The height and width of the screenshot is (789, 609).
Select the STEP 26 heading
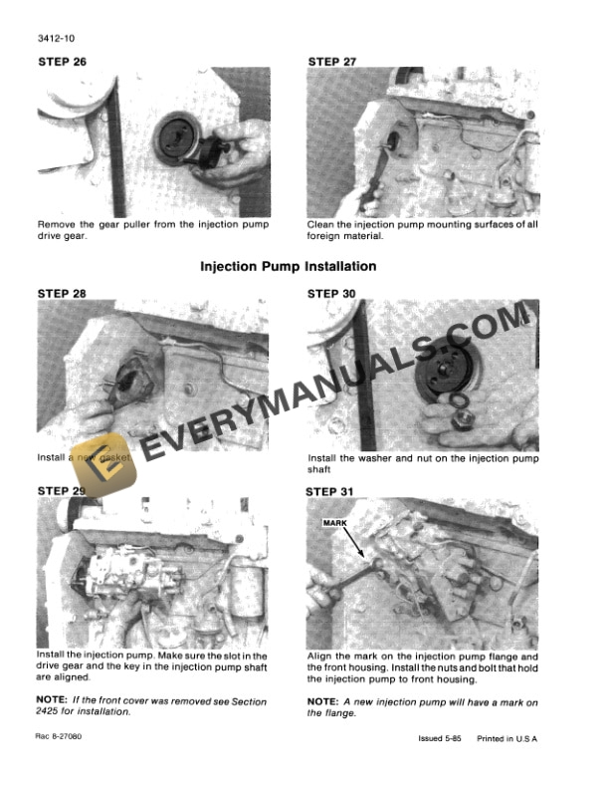coord(62,62)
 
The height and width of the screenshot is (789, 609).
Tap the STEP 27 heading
coord(333,62)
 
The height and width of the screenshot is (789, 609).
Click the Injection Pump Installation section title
coord(289,267)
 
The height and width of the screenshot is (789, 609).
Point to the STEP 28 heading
coord(62,294)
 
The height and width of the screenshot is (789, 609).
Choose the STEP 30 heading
coord(333,294)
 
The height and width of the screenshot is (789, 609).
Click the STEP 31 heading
coord(333,491)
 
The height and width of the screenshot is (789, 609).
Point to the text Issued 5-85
coord(441,739)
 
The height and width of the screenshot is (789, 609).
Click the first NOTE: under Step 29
coord(55,701)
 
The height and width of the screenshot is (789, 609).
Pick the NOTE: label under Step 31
coord(325,702)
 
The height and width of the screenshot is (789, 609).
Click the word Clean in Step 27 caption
coord(323,224)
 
